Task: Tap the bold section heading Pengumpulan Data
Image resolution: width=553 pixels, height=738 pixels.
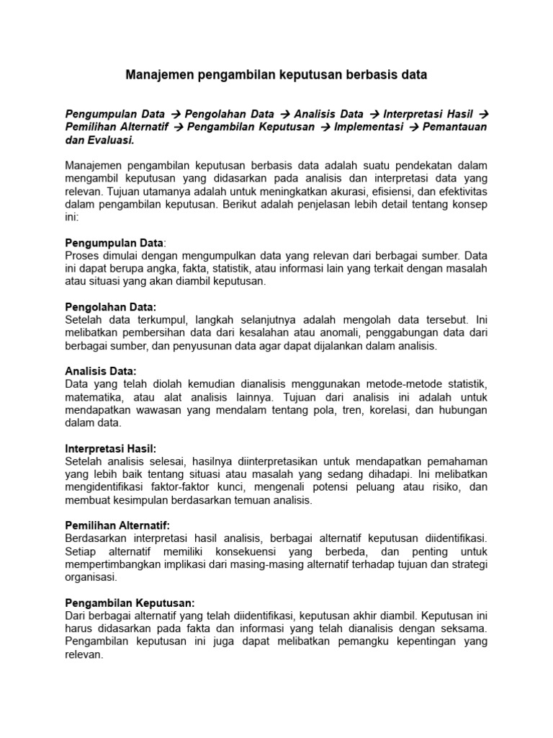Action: click(114, 242)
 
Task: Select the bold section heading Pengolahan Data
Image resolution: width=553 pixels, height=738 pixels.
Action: click(110, 306)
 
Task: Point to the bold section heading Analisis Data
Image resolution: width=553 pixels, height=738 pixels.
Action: click(100, 370)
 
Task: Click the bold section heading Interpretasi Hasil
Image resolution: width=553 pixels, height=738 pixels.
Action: click(110, 448)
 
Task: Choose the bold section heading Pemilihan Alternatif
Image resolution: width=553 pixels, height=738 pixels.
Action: click(117, 525)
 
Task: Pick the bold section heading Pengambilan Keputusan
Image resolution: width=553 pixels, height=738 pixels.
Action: click(130, 603)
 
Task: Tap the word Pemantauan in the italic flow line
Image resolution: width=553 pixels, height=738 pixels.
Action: click(451, 128)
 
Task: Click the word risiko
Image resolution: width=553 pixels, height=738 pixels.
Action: click(439, 487)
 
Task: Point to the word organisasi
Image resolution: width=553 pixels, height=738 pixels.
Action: click(90, 577)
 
